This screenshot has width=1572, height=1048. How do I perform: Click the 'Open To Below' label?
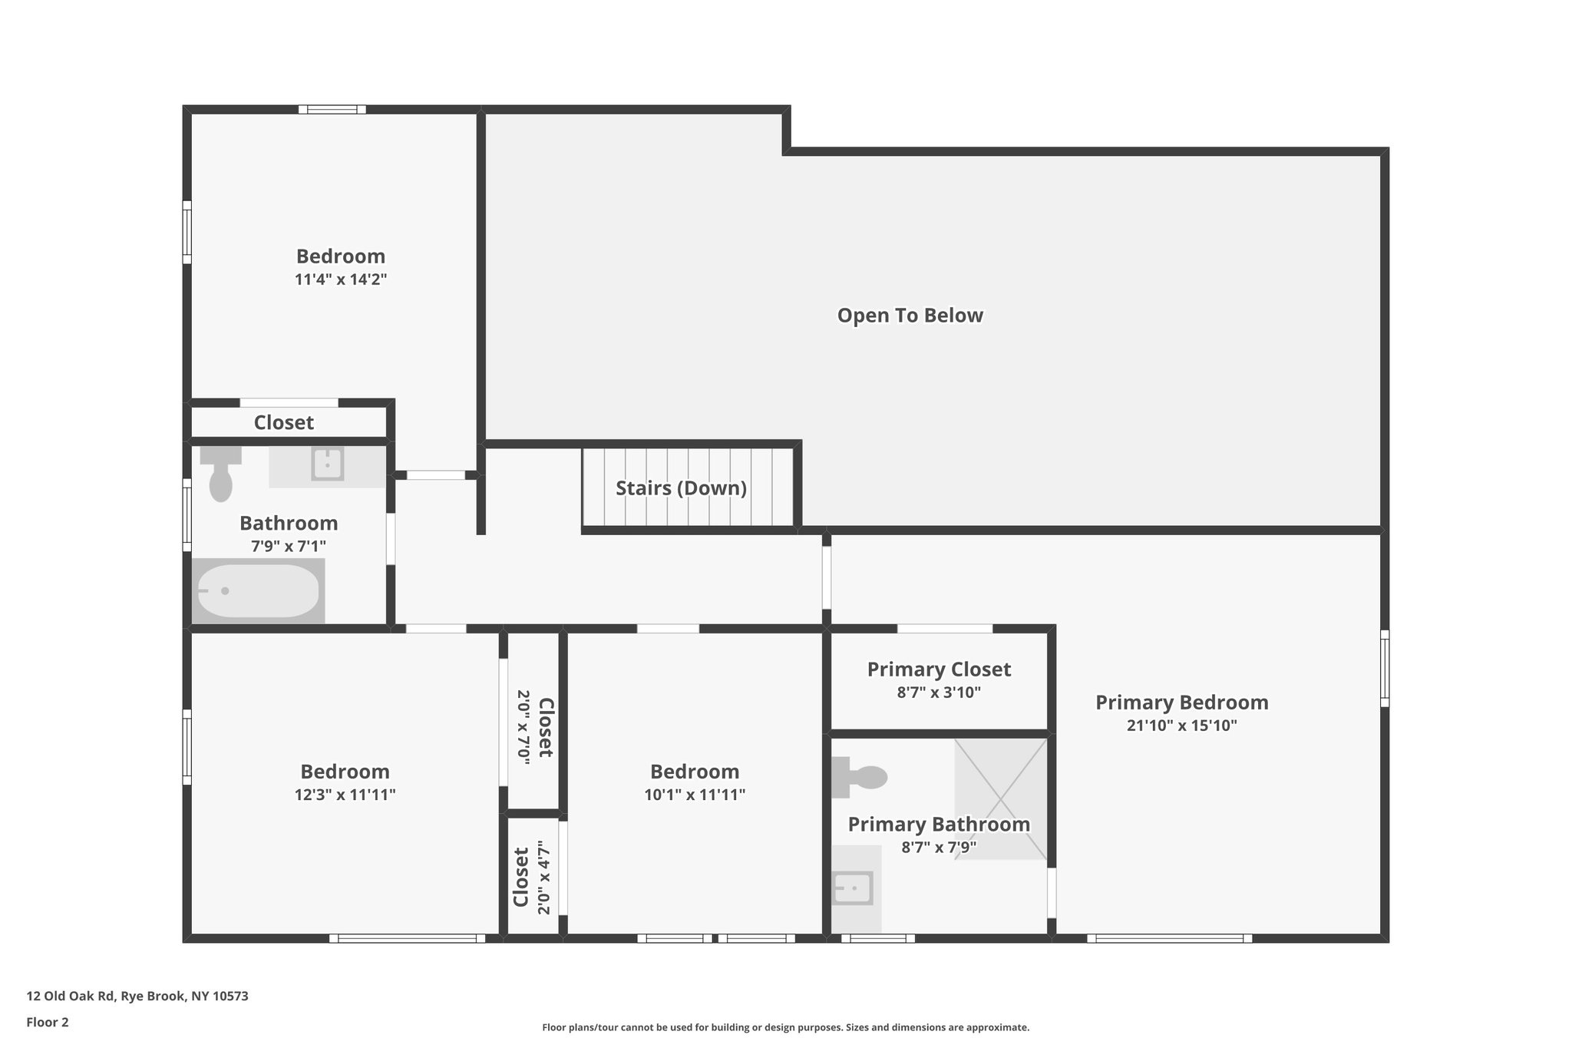click(x=910, y=316)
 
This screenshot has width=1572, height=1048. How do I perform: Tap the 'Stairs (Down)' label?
click(x=681, y=488)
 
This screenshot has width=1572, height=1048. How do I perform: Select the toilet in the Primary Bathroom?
click(x=861, y=777)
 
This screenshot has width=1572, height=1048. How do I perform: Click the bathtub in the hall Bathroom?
click(x=257, y=590)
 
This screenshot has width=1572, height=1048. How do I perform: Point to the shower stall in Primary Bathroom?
click(x=1000, y=798)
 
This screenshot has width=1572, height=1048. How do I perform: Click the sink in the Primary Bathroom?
click(x=854, y=888)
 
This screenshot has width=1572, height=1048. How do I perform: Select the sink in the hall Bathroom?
click(x=328, y=464)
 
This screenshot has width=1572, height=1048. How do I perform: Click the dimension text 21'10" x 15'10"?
click(x=1181, y=726)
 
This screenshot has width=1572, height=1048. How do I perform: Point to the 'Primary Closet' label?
click(x=939, y=669)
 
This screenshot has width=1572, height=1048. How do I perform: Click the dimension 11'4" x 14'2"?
click(x=340, y=279)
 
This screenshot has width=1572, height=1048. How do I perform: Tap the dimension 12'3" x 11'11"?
click(x=345, y=795)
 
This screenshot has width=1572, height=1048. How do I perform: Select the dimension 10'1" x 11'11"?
click(x=695, y=795)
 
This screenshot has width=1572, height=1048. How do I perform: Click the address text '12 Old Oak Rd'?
click(x=71, y=997)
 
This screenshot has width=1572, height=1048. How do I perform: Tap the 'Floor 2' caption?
click(x=48, y=1023)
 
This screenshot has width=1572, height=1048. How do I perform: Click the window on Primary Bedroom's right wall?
click(x=1384, y=668)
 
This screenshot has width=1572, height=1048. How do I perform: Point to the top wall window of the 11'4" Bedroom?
click(x=332, y=109)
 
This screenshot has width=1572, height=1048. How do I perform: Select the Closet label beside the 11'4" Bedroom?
click(x=283, y=423)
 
